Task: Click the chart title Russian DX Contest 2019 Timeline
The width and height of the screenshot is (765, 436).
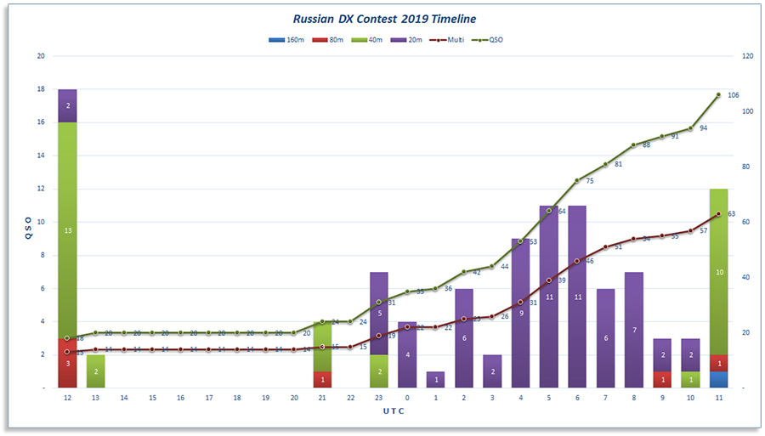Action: point(384,18)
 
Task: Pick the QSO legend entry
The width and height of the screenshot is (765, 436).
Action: point(491,39)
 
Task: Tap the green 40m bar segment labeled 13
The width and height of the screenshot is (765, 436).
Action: point(67,229)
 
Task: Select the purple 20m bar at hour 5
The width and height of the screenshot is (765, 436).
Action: point(548,297)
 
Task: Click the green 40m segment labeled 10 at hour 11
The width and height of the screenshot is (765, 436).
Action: point(717,272)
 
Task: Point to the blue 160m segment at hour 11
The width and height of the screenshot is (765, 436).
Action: point(717,379)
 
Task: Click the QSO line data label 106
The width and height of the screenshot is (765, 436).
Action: point(734,95)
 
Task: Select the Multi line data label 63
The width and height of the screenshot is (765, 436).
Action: point(731,214)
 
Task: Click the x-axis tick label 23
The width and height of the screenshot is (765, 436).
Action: point(378,398)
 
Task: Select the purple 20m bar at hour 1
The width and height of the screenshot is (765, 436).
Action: point(435,379)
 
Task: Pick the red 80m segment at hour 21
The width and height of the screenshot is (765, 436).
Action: point(322,379)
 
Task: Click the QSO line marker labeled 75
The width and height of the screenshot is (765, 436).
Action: point(576,180)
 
